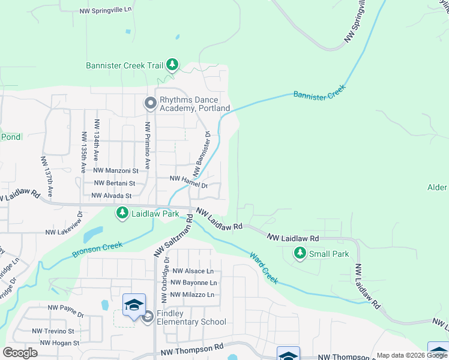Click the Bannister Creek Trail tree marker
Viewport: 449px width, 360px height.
click(x=172, y=64)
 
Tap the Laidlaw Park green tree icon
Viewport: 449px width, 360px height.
click(x=122, y=213)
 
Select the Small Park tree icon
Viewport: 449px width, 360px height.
click(x=300, y=254)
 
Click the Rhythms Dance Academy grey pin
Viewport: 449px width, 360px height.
click(x=150, y=104)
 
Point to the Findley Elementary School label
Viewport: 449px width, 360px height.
click(x=191, y=318)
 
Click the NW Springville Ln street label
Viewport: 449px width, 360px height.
click(x=105, y=11)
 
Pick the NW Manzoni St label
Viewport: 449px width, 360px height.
click(x=116, y=171)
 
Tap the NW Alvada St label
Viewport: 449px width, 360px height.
click(x=111, y=196)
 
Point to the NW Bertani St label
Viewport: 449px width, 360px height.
click(x=115, y=183)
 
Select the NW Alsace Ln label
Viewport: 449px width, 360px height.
click(x=192, y=271)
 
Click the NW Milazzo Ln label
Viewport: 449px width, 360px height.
click(x=192, y=295)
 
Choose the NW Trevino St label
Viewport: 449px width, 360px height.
click(x=53, y=331)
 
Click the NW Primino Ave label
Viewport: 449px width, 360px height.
click(x=146, y=145)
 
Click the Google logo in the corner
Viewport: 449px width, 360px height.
click(x=20, y=353)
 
